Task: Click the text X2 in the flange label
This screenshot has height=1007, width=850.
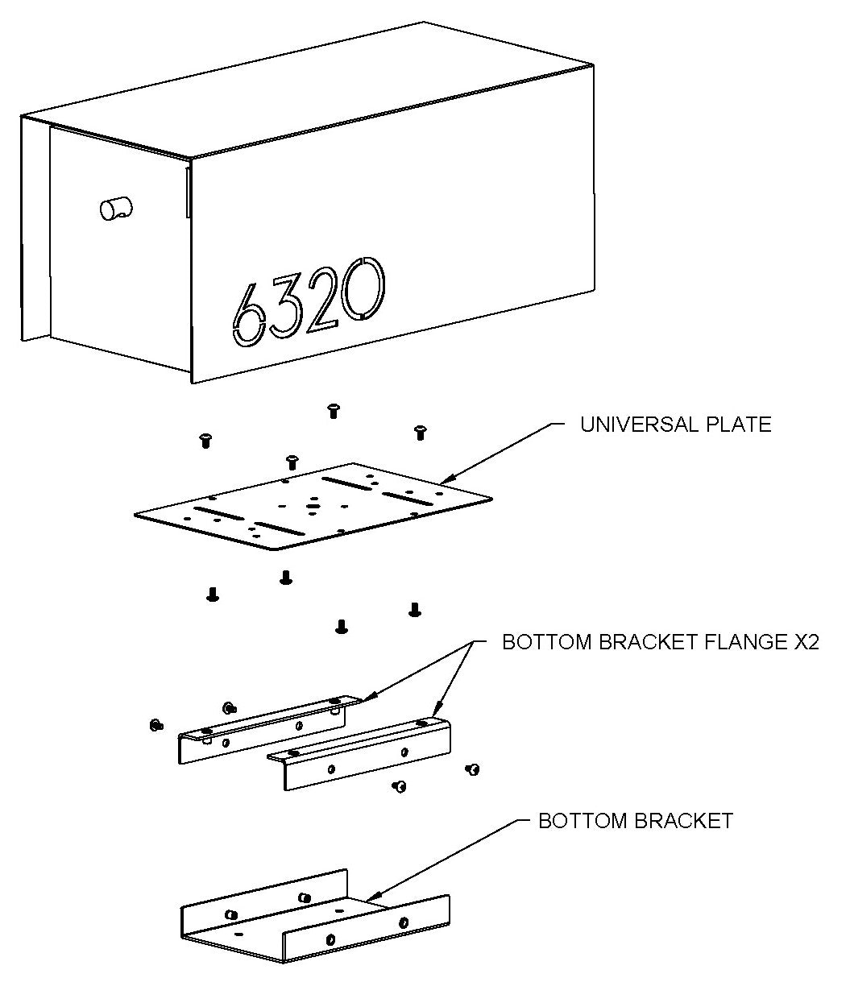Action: click(804, 642)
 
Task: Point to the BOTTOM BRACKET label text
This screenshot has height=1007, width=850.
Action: click(635, 821)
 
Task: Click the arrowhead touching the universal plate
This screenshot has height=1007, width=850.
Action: click(446, 481)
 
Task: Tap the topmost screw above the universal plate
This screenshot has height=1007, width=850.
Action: click(333, 411)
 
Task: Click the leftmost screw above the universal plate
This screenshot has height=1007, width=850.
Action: click(205, 440)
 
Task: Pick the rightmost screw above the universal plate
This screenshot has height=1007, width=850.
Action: click(420, 433)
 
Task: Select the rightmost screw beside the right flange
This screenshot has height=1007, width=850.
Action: click(473, 770)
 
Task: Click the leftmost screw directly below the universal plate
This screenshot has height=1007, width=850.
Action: click(213, 595)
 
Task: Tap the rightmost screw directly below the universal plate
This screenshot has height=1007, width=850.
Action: click(415, 608)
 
